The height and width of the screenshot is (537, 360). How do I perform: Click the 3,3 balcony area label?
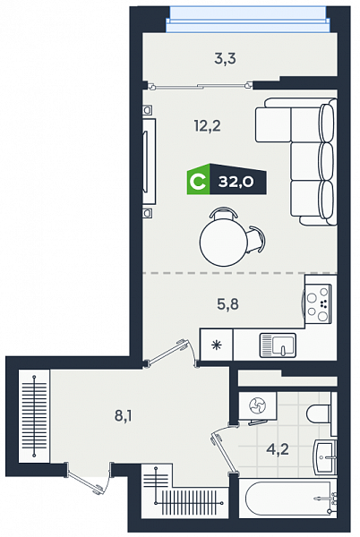[225, 59]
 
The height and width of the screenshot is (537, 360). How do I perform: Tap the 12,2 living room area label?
[208, 126]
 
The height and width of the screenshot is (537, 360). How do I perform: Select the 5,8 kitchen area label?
[227, 303]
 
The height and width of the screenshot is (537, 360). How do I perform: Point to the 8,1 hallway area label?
[124, 416]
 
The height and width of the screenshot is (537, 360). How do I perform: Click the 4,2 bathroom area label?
[278, 449]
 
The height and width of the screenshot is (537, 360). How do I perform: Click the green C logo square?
[198, 180]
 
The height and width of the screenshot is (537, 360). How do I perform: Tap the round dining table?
[224, 243]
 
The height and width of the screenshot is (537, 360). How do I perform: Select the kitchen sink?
[278, 345]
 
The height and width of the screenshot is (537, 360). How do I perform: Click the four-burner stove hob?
[318, 304]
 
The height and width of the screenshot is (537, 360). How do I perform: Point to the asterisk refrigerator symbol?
[216, 345]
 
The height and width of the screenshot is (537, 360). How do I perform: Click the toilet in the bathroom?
[321, 414]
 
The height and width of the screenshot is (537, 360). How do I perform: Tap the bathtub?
[288, 499]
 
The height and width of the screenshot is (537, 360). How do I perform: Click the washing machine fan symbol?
[258, 406]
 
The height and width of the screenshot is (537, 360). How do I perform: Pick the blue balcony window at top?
[247, 20]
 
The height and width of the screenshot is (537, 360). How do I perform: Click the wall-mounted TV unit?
[150, 161]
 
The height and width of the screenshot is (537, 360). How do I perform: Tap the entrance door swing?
[90, 478]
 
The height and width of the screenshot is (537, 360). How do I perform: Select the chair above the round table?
[224, 212]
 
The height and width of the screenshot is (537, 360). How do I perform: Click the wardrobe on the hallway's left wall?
[34, 416]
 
